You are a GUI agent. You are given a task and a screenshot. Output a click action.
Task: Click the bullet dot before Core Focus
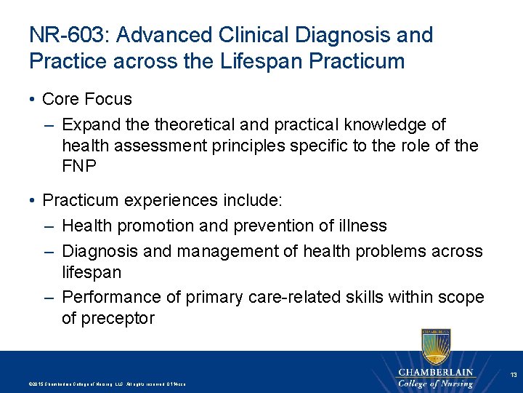point(33,99)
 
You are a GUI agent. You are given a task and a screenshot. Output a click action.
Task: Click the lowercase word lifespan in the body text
point(92,272)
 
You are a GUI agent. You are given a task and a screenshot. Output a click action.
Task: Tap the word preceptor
point(117,318)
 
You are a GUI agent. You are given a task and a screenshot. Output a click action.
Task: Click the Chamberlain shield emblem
point(435,346)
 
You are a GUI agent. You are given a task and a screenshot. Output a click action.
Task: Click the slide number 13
point(513,375)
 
